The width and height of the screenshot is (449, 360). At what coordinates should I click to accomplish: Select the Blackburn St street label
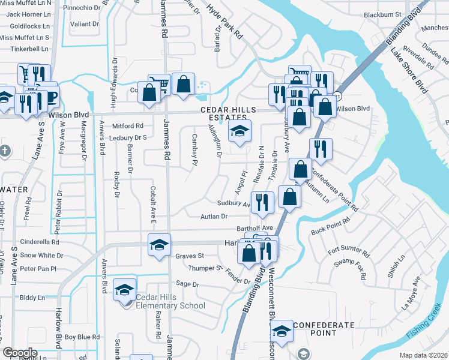pyautogui.click(x=382, y=14)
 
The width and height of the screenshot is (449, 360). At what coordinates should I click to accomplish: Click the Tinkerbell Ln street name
pyautogui.click(x=24, y=49)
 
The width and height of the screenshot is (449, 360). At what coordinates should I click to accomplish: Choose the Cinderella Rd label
pyautogui.click(x=40, y=242)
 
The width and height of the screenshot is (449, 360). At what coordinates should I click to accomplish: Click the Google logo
pyautogui.click(x=20, y=353)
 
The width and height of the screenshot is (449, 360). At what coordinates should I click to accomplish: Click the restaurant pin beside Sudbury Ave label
pyautogui.click(x=262, y=203)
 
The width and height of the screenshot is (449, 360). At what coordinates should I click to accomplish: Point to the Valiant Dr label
pyautogui.click(x=85, y=24)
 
